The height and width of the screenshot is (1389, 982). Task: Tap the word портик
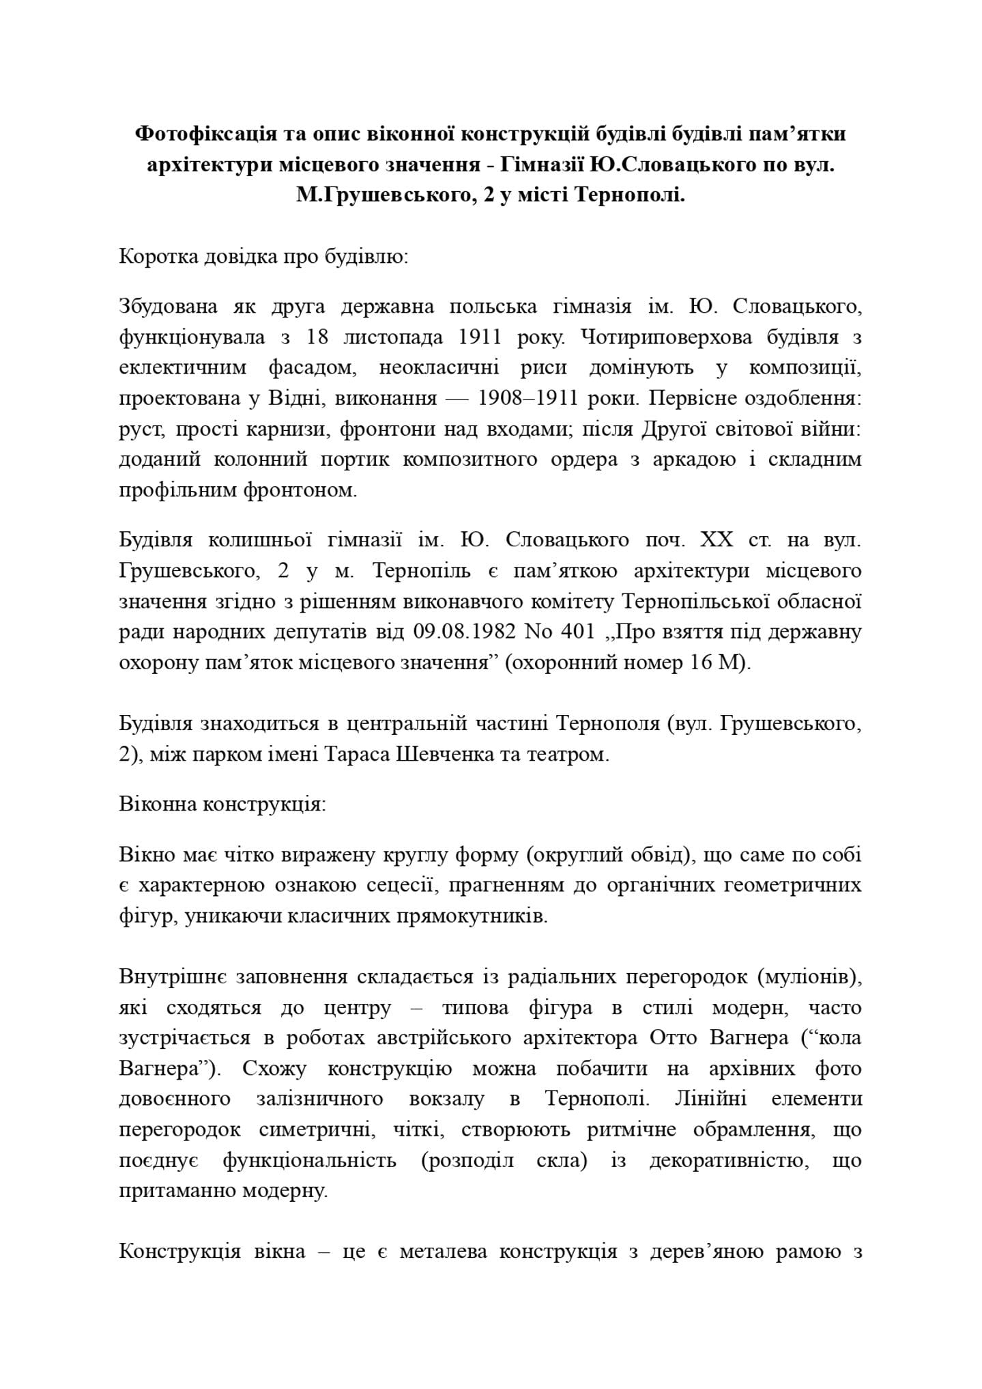354,459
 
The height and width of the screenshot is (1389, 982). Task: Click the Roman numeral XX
716,540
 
